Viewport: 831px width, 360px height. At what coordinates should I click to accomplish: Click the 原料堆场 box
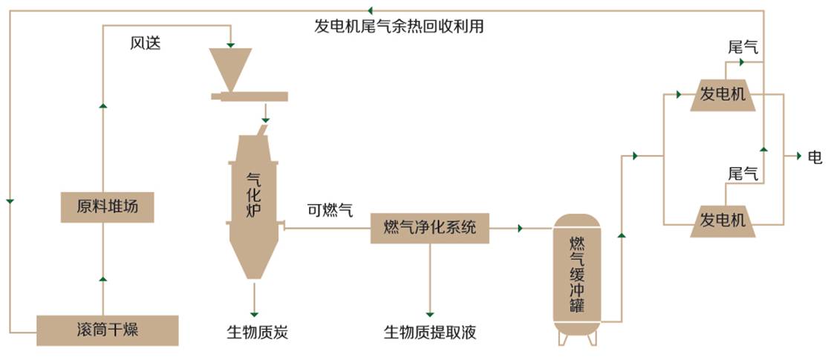tap(108, 207)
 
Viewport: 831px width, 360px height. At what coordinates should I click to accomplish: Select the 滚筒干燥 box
tap(108, 330)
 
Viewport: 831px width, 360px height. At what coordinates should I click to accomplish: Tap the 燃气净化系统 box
tap(430, 227)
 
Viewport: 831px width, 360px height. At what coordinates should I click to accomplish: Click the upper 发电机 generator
tap(723, 94)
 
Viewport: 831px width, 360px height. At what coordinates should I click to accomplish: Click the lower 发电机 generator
tap(723, 220)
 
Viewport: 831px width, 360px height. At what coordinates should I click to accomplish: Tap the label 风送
tap(146, 43)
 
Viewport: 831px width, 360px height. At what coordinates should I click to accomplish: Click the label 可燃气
tap(330, 210)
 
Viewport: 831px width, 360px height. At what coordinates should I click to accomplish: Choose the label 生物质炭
tap(257, 332)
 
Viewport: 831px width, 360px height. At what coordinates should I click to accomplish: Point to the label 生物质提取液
tap(429, 332)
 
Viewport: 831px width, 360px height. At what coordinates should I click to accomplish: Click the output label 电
tap(815, 157)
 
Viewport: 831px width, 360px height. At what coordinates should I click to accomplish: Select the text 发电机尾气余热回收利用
tap(399, 27)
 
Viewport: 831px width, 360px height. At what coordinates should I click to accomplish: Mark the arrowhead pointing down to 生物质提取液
tap(429, 312)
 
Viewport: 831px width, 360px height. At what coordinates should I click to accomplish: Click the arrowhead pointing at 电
tap(798, 157)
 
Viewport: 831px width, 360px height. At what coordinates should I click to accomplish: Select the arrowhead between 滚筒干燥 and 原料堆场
tap(102, 278)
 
